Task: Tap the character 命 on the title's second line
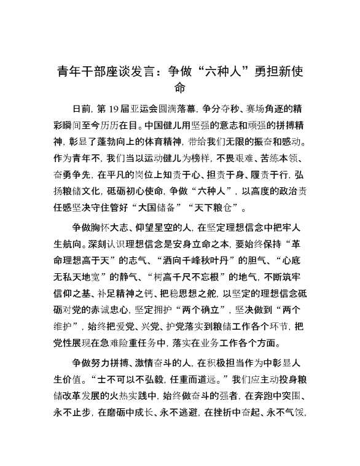click(179, 88)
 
